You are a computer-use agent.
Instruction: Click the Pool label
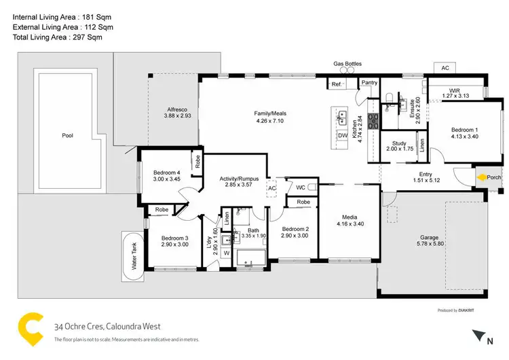pyautogui.click(x=67, y=135)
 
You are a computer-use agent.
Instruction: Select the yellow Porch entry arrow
pyautogui.click(x=481, y=179)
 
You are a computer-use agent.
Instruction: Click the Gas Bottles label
pyautogui.click(x=347, y=64)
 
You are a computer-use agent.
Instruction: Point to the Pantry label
pyautogui.click(x=369, y=82)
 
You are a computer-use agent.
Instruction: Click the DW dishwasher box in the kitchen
pyautogui.click(x=342, y=135)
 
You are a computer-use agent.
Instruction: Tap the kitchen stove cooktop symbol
pyautogui.click(x=373, y=121)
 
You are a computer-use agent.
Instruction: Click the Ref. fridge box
pyautogui.click(x=336, y=84)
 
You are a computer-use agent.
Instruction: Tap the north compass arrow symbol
pyautogui.click(x=479, y=334)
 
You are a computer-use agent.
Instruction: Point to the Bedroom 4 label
pyautogui.click(x=166, y=172)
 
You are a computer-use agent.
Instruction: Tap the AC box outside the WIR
pyautogui.click(x=445, y=69)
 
